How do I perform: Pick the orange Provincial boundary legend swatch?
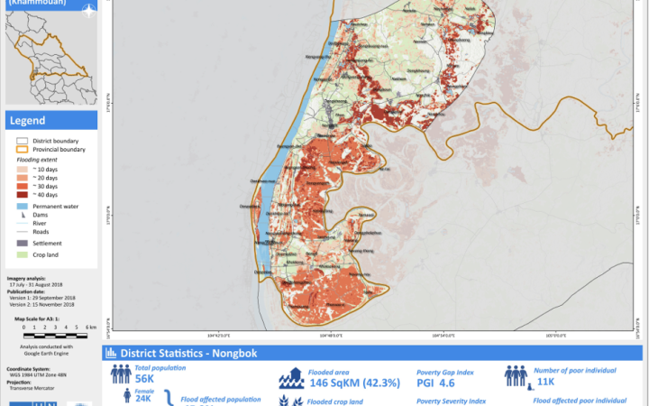[22, 149]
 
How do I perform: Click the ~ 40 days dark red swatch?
[22, 195]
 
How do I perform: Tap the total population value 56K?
[143, 380]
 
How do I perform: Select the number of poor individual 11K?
[544, 382]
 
